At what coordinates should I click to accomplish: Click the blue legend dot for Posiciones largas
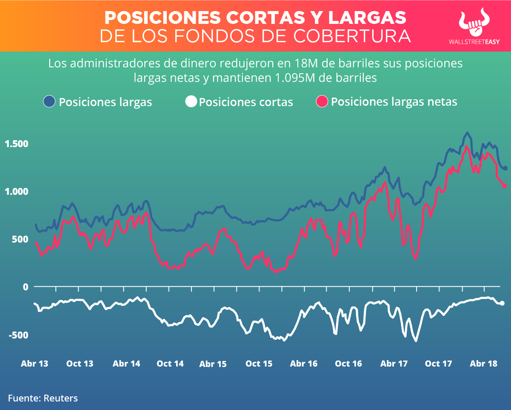[49, 101]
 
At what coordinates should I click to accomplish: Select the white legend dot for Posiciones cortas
[191, 101]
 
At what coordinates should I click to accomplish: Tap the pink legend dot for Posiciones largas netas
[322, 101]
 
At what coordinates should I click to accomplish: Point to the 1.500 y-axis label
[16, 144]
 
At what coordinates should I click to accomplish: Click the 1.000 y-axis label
[16, 191]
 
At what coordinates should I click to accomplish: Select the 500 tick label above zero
[19, 239]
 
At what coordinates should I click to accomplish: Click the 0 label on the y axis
[26, 287]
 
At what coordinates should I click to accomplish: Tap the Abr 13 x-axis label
[34, 364]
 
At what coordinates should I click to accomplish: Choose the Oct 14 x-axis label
[170, 364]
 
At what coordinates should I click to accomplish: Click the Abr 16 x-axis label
[303, 364]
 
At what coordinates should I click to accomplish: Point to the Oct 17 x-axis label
[438, 364]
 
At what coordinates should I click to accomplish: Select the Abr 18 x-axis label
[483, 364]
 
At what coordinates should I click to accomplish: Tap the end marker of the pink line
[505, 185]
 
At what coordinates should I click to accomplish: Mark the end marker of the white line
[502, 303]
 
